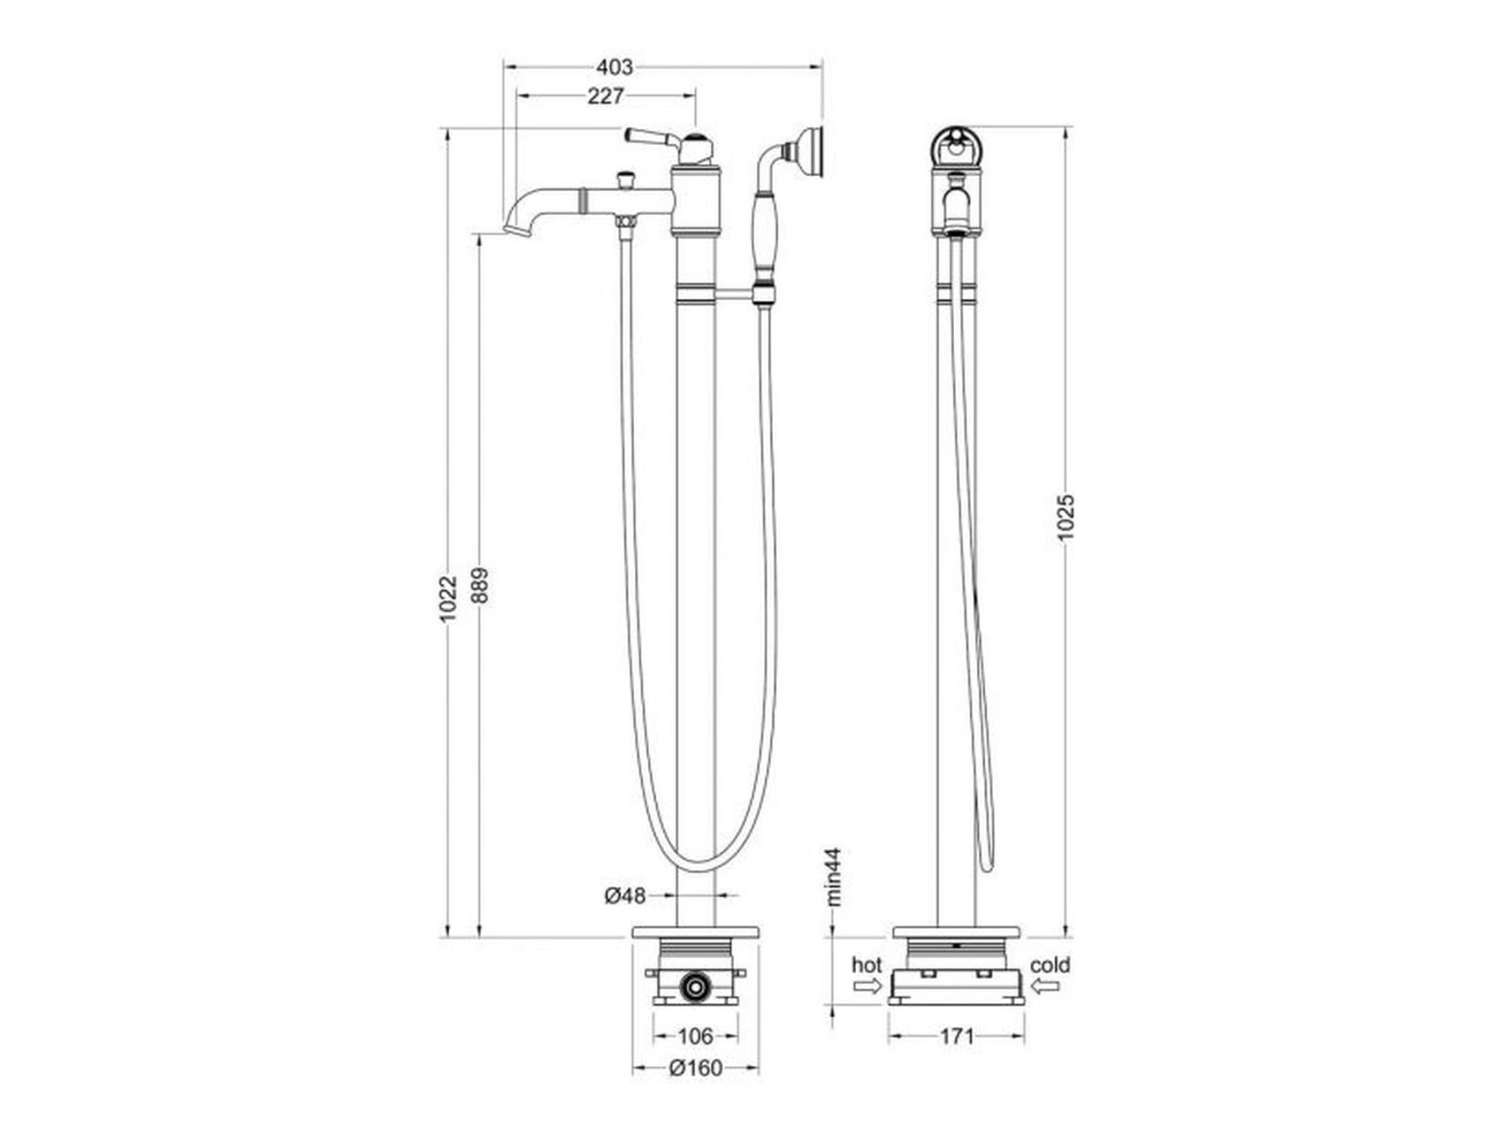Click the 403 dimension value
point(614,67)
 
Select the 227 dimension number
point(605,96)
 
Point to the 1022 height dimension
point(449,598)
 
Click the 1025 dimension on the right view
point(1066,517)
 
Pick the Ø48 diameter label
point(625,895)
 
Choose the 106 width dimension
point(695,1036)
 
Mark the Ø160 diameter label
point(695,1068)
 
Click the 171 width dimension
point(956,1036)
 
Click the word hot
point(866,965)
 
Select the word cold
point(1050,965)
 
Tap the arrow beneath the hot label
point(867,986)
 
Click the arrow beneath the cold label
point(1044,986)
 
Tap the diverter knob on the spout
point(627,181)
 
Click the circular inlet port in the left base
point(695,986)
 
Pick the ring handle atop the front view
point(956,145)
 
